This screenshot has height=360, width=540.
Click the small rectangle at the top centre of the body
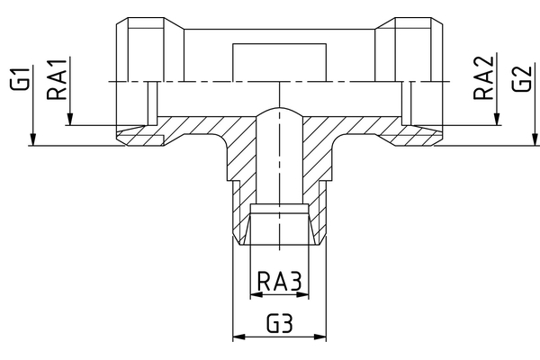pos(279,61)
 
